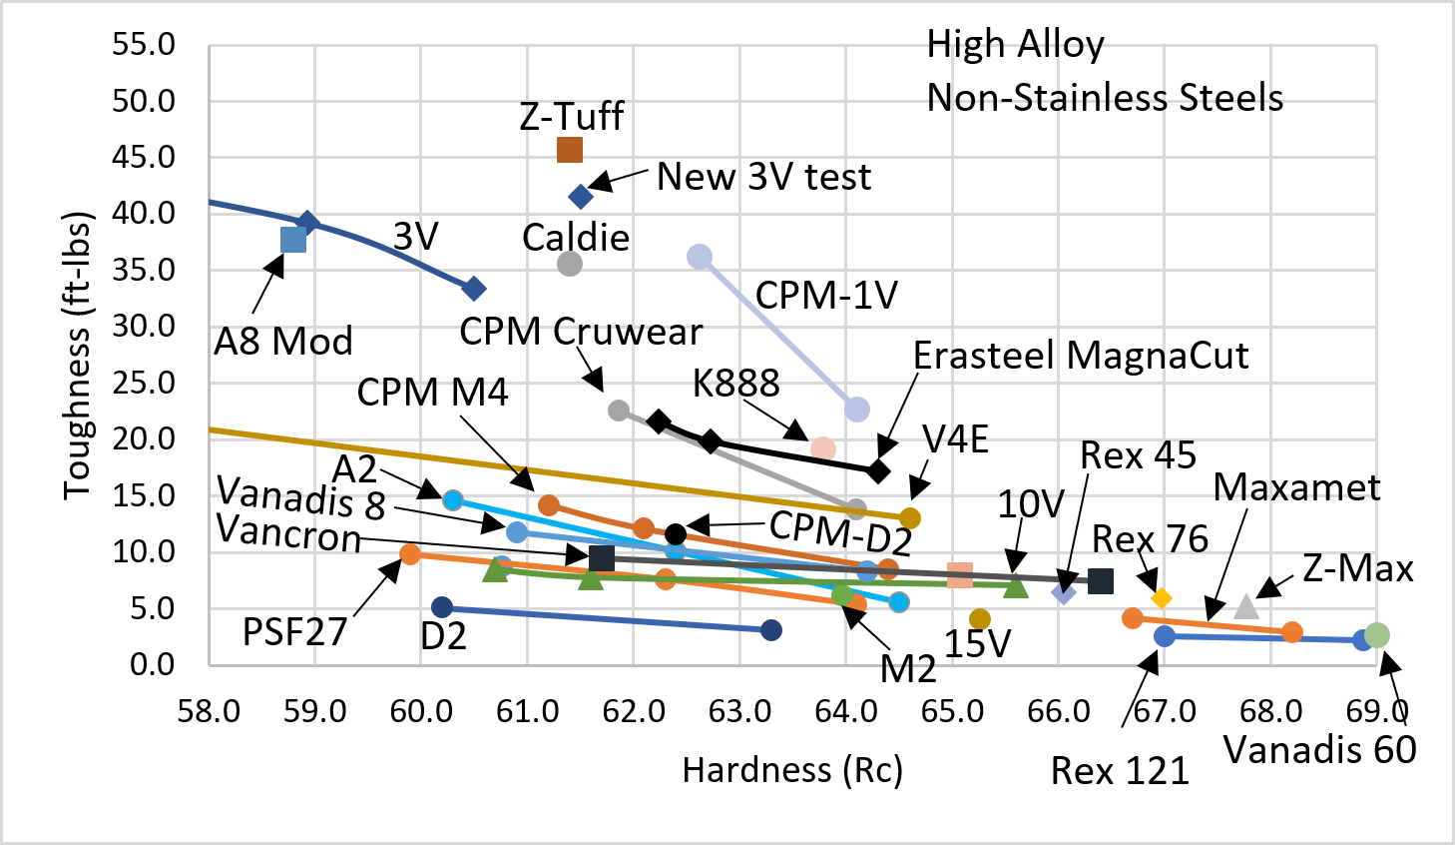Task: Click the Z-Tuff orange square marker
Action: click(569, 150)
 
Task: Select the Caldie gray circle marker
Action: click(569, 264)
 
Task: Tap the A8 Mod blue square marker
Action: click(293, 240)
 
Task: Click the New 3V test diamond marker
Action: click(580, 197)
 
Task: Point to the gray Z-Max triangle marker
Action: click(1245, 606)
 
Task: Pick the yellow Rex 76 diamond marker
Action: click(1161, 598)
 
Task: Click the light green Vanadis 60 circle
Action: click(1377, 635)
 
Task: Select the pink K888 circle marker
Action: click(822, 448)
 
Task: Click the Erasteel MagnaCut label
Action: click(1081, 356)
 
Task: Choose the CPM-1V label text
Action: click(826, 296)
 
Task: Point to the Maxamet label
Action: click(1296, 487)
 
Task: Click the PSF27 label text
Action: click(294, 632)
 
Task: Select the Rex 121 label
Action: click(1120, 771)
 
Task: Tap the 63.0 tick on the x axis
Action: click(739, 711)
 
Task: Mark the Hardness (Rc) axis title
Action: click(792, 770)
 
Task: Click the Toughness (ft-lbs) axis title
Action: click(78, 356)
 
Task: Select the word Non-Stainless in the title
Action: click(1035, 98)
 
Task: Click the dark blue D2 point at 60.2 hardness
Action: click(442, 607)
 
